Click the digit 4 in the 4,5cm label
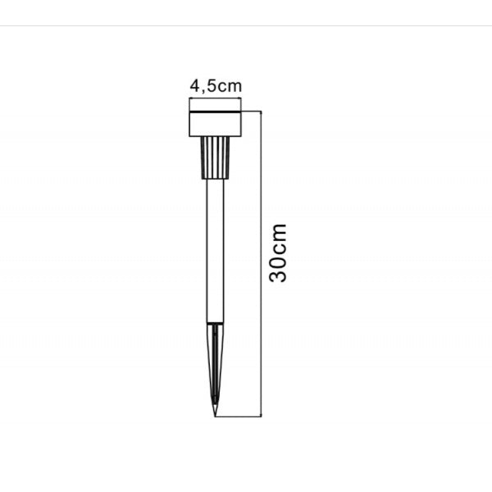195,85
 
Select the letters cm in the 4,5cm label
230,87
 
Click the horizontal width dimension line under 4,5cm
215,99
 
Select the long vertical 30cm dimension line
261,264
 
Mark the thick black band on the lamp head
215,112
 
